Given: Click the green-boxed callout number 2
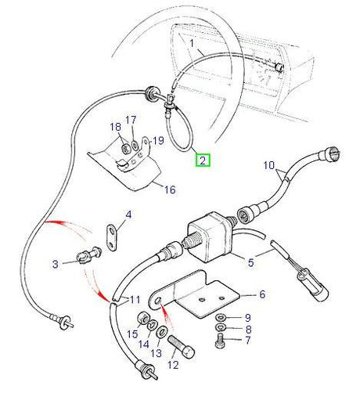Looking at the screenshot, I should [x=203, y=161].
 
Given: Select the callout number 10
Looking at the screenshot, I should [x=269, y=167].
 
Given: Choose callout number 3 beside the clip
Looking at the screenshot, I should [x=56, y=265].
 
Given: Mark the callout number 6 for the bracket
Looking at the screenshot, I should [x=262, y=294].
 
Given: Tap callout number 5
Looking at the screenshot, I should [x=251, y=262].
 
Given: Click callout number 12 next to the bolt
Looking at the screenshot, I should [x=174, y=365].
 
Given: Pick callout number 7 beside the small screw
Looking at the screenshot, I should [x=247, y=342].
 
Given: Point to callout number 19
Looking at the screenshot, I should [x=157, y=142].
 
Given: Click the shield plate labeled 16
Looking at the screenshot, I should [x=129, y=168].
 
